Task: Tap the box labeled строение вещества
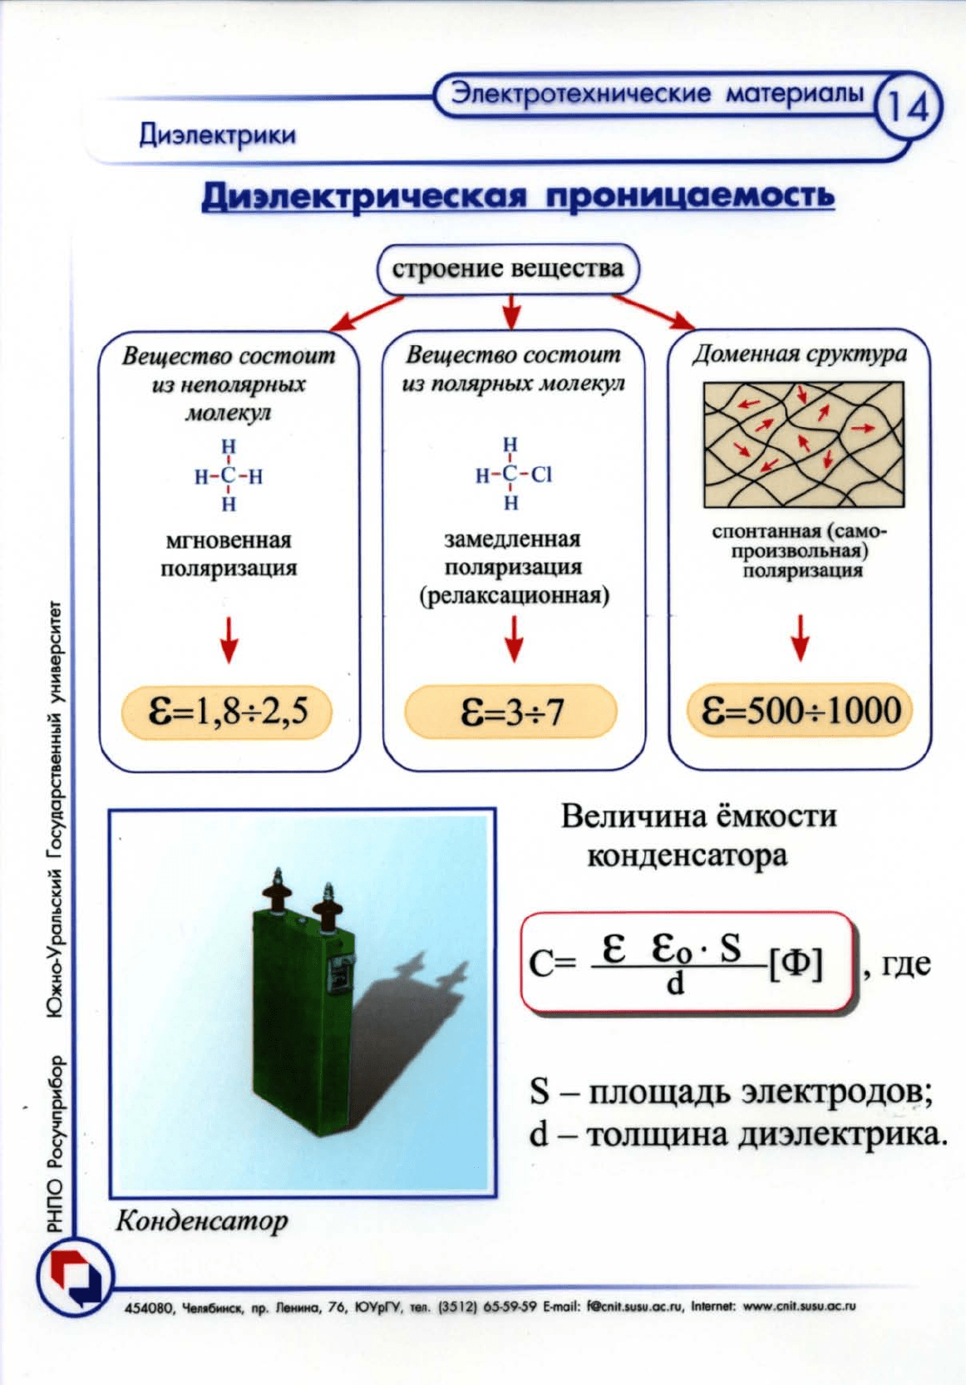[509, 269]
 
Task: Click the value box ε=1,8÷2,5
[227, 712]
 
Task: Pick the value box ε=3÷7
[510, 712]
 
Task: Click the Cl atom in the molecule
[541, 474]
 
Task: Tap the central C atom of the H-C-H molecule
[229, 476]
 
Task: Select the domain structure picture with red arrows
[803, 444]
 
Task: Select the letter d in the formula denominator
[675, 982]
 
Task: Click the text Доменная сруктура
[800, 354]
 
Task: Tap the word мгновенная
[229, 540]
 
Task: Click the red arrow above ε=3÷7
[513, 638]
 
